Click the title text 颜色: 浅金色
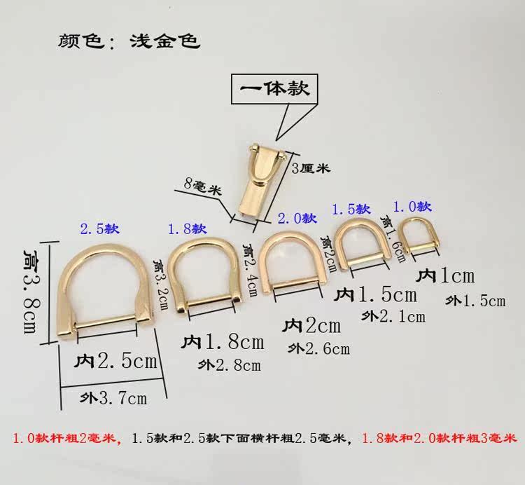click(x=129, y=39)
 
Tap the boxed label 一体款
click(x=274, y=89)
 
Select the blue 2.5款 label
click(x=100, y=228)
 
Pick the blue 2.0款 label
click(x=296, y=219)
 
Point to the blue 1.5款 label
click(x=350, y=209)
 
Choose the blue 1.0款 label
click(x=412, y=206)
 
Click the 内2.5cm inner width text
click(x=115, y=362)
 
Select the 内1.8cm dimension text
click(x=223, y=342)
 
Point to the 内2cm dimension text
click(x=311, y=325)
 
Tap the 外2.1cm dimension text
click(x=393, y=316)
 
